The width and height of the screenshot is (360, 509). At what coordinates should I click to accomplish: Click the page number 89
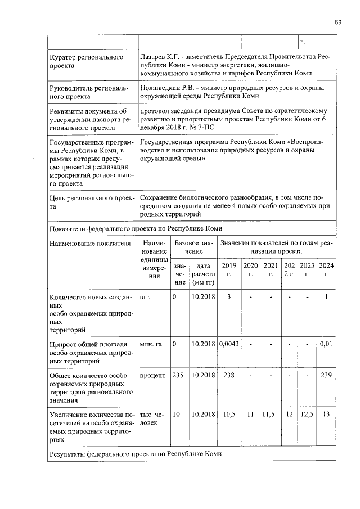(338, 22)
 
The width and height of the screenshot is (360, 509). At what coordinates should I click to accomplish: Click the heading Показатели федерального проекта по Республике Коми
(136, 229)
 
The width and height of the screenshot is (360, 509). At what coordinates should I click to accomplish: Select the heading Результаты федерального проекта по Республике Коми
(136, 453)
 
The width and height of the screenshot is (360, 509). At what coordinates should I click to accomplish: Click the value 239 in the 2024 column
(326, 375)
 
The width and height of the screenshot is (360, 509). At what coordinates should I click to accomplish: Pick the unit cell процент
(152, 375)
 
